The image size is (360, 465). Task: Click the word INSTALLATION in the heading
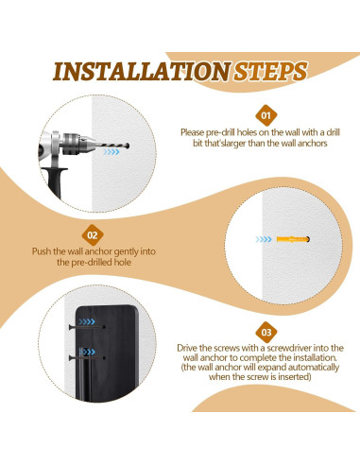[x=142, y=72]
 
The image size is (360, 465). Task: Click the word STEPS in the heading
[x=270, y=72]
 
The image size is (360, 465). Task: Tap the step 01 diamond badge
[x=266, y=115]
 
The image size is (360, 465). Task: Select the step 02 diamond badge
[x=93, y=235]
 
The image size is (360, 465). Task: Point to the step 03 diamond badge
[x=266, y=333]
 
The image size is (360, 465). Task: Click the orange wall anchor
[x=293, y=239]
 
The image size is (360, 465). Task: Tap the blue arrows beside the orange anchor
[x=264, y=239]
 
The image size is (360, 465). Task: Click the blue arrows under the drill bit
[x=111, y=152]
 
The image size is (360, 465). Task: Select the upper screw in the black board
[x=87, y=327]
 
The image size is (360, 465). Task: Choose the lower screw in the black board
[x=87, y=358]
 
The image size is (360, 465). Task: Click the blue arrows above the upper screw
[x=87, y=321]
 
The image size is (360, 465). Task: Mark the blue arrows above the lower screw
[x=87, y=352]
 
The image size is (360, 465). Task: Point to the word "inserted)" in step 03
[x=295, y=376]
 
